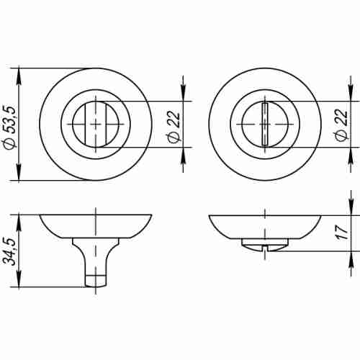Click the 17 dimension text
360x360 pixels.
point(343,232)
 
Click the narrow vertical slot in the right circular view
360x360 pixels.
point(266,125)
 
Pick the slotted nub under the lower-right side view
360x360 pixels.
point(266,247)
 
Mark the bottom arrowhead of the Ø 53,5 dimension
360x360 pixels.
point(19,176)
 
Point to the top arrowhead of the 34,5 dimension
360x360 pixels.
point(19,219)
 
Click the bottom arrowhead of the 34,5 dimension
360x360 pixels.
point(19,281)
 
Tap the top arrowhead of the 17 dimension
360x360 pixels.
point(353,219)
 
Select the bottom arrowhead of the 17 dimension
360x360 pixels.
point(353,245)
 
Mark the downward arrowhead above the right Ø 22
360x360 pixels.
point(352,94)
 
